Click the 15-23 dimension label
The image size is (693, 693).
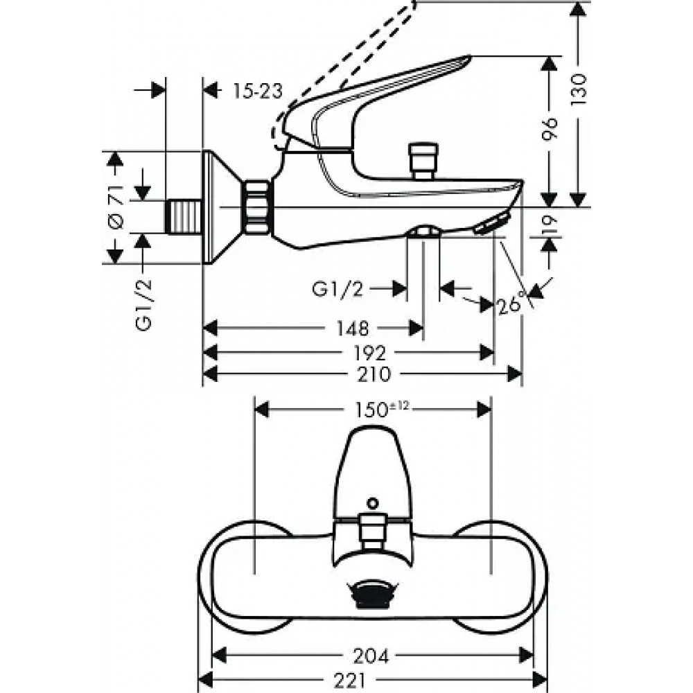pos(257,91)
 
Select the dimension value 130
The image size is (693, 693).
pos(579,89)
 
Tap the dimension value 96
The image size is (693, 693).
pos(550,128)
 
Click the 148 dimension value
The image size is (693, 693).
pos(352,328)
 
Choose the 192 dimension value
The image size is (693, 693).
pos(370,353)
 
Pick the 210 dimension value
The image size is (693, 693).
pos(375,374)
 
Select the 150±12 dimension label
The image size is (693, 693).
pos(382,410)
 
